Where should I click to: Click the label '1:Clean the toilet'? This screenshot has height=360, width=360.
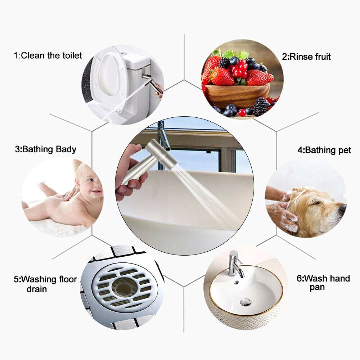tap(48, 55)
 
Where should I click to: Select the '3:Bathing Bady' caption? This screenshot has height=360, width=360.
tap(46, 149)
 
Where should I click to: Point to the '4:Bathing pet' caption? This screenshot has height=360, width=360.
tap(324, 150)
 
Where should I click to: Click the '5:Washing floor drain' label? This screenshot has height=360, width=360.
tap(45, 284)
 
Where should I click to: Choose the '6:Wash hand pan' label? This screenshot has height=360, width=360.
tap(323, 283)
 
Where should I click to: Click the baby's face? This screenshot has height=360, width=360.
tap(92, 184)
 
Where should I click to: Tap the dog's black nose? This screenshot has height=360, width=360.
tap(342, 208)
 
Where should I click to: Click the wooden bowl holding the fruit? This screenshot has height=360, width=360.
tap(238, 95)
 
